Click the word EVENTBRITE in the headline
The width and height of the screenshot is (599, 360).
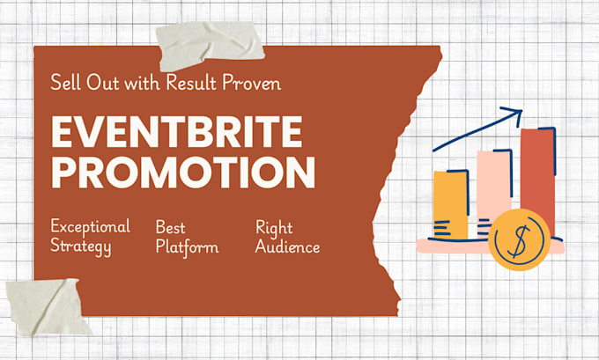pyautogui.click(x=177, y=132)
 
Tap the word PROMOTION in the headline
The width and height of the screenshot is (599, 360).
pyautogui.click(x=183, y=173)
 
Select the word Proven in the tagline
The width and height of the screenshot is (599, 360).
pyautogui.click(x=252, y=83)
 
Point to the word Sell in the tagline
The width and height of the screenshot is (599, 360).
pyautogui.click(x=65, y=83)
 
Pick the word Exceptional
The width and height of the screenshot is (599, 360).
pyautogui.click(x=90, y=226)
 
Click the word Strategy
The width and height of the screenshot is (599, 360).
pyautogui.click(x=81, y=246)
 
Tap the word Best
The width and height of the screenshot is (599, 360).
pyautogui.click(x=170, y=227)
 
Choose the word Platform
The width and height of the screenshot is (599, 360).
pyautogui.click(x=187, y=246)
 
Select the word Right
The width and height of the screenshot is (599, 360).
pyautogui.click(x=274, y=228)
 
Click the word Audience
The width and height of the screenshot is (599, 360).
pyautogui.click(x=288, y=246)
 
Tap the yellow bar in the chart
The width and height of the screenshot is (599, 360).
pyautogui.click(x=451, y=205)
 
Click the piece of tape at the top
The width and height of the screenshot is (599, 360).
pyautogui.click(x=211, y=44)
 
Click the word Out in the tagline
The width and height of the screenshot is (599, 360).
pyautogui.click(x=102, y=83)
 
